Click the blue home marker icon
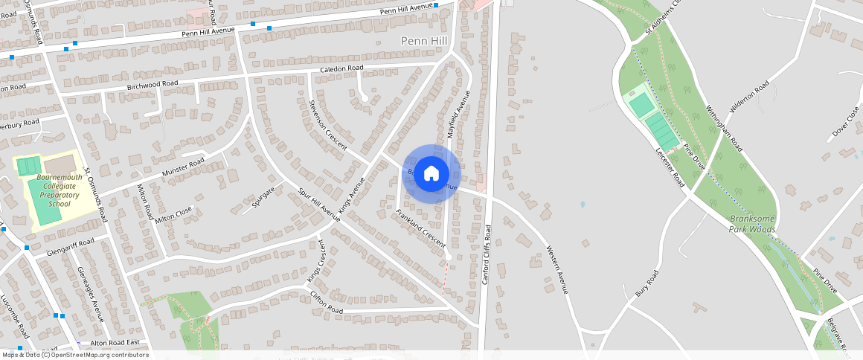tap(431, 174)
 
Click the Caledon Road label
tap(341, 68)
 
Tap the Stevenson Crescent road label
tap(328, 124)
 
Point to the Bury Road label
tap(647, 283)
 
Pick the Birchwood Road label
tap(153, 86)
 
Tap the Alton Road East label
tap(115, 343)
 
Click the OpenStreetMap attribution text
tap(76, 355)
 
